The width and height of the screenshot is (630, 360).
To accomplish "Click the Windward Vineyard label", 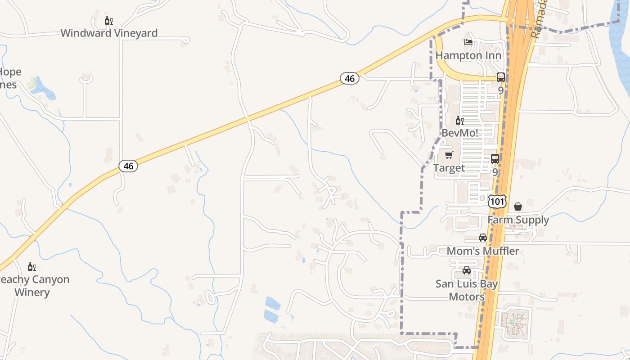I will pyautogui.click(x=109, y=33).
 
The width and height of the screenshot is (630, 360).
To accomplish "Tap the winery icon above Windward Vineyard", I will pyautogui.click(x=108, y=21).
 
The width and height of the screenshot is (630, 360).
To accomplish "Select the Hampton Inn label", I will pyautogui.click(x=468, y=56).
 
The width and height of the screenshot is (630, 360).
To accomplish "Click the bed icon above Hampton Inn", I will pyautogui.click(x=468, y=43).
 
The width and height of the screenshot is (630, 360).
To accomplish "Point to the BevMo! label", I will pyautogui.click(x=459, y=133).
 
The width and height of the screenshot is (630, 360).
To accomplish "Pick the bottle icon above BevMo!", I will pyautogui.click(x=459, y=121).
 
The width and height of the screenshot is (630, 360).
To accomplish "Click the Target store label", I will pyautogui.click(x=449, y=168).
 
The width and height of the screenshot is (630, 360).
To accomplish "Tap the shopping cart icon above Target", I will pyautogui.click(x=449, y=155).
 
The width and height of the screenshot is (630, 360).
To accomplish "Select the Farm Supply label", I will pyautogui.click(x=518, y=220).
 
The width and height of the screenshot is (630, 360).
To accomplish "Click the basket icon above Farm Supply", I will pyautogui.click(x=518, y=207).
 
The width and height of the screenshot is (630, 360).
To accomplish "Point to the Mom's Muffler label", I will pyautogui.click(x=483, y=251).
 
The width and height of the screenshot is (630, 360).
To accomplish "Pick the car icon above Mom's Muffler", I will pyautogui.click(x=483, y=238).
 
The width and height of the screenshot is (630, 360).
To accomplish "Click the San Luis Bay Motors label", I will pyautogui.click(x=467, y=290).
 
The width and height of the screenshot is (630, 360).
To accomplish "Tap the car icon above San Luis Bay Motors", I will pyautogui.click(x=467, y=270).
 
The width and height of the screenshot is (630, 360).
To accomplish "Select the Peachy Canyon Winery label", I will pyautogui.click(x=32, y=286).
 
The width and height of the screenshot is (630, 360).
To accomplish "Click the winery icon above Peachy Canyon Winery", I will pyautogui.click(x=32, y=267).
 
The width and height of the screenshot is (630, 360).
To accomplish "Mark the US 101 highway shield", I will pyautogui.click(x=497, y=201).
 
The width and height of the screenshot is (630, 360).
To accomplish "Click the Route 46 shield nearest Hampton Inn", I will pyautogui.click(x=350, y=78).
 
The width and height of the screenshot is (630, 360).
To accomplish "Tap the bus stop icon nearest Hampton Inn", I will pyautogui.click(x=501, y=77).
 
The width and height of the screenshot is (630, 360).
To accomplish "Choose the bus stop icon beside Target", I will pyautogui.click(x=495, y=159).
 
